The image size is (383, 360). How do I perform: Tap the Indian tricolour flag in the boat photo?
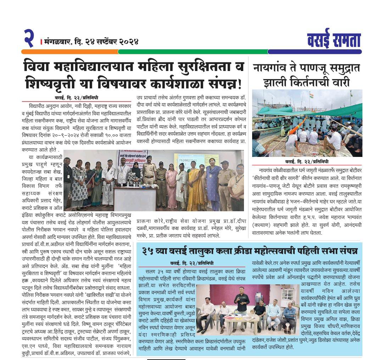point(312,96)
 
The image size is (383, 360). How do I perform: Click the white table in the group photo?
point(135,199)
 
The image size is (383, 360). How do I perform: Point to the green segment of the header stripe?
point(191,52)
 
